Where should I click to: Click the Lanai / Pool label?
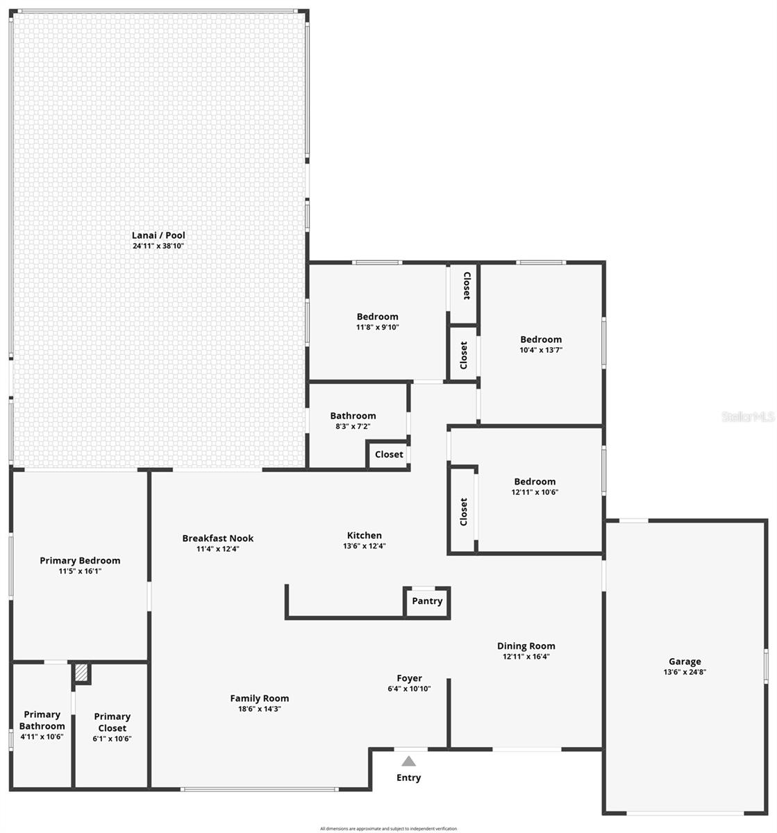[158, 235]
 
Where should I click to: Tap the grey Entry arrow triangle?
[408, 761]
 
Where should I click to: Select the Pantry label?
[427, 601]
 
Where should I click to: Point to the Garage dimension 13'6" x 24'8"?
[685, 672]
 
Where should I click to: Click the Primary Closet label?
[112, 722]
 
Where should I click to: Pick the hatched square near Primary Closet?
[82, 673]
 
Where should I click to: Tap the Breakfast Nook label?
[218, 538]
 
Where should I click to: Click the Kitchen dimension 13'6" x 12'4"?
[365, 546]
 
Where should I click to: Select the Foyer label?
[409, 678]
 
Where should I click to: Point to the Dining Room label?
[526, 646]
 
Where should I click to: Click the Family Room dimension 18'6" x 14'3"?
[260, 709]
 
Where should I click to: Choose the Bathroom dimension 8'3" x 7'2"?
[353, 426]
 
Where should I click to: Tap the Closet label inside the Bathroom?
[389, 455]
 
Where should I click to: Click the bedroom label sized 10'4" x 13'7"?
[541, 339]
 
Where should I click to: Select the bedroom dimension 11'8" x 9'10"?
[378, 327]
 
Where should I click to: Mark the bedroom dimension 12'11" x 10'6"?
[535, 492]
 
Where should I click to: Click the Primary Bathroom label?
[42, 720]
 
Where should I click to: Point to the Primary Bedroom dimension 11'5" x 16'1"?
[80, 571]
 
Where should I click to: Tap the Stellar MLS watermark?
[748, 416]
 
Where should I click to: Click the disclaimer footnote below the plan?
[388, 828]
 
